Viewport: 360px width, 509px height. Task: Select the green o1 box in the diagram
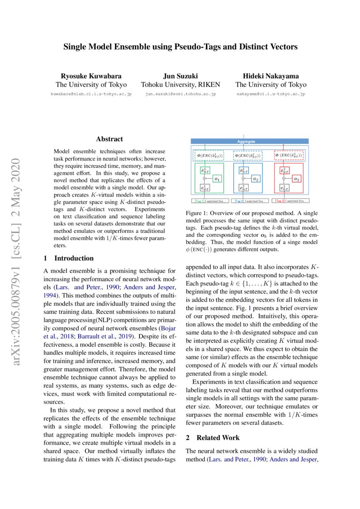pos(217,179)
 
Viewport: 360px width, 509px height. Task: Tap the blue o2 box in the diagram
pos(256,179)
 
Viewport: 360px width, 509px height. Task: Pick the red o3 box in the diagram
pos(296,179)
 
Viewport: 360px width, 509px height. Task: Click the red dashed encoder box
pos(289,155)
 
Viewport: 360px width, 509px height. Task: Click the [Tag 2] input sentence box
pos(249,201)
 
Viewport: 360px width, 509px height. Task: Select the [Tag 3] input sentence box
pos(290,201)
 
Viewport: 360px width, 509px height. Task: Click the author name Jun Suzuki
pos(180,75)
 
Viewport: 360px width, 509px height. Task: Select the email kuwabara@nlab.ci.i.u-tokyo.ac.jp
pos(91,94)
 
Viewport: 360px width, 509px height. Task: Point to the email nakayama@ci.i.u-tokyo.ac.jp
pos(271,94)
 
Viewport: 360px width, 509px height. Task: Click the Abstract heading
pos(109,139)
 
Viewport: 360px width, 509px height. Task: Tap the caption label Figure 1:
pos(198,214)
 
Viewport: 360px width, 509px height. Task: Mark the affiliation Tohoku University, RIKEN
pos(180,85)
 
